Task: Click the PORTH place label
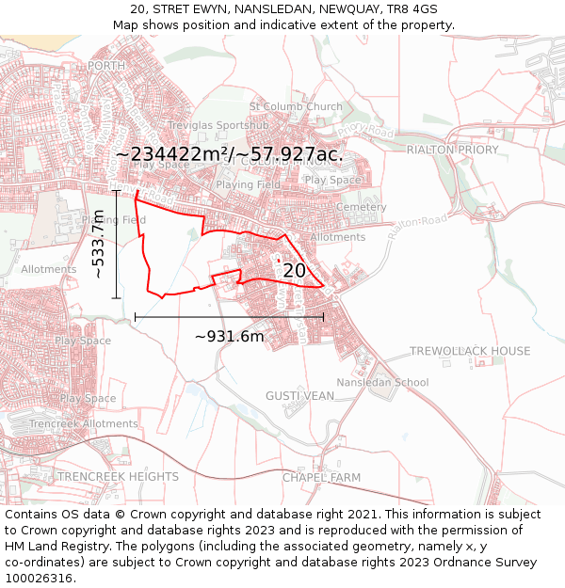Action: point(105,66)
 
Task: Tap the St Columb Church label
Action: point(296,107)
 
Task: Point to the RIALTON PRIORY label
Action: point(452,150)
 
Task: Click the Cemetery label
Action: point(361,207)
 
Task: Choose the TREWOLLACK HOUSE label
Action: point(470,351)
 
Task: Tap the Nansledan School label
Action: point(382,383)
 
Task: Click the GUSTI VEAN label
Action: point(299,396)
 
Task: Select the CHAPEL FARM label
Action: point(321,478)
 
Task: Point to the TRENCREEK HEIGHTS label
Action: point(118,477)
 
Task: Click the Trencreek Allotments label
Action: point(83,424)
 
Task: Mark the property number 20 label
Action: point(294,271)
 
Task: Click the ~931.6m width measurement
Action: point(229,336)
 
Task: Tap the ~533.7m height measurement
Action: point(98,245)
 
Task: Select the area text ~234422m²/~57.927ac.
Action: point(229,154)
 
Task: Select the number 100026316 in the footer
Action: point(40,579)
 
